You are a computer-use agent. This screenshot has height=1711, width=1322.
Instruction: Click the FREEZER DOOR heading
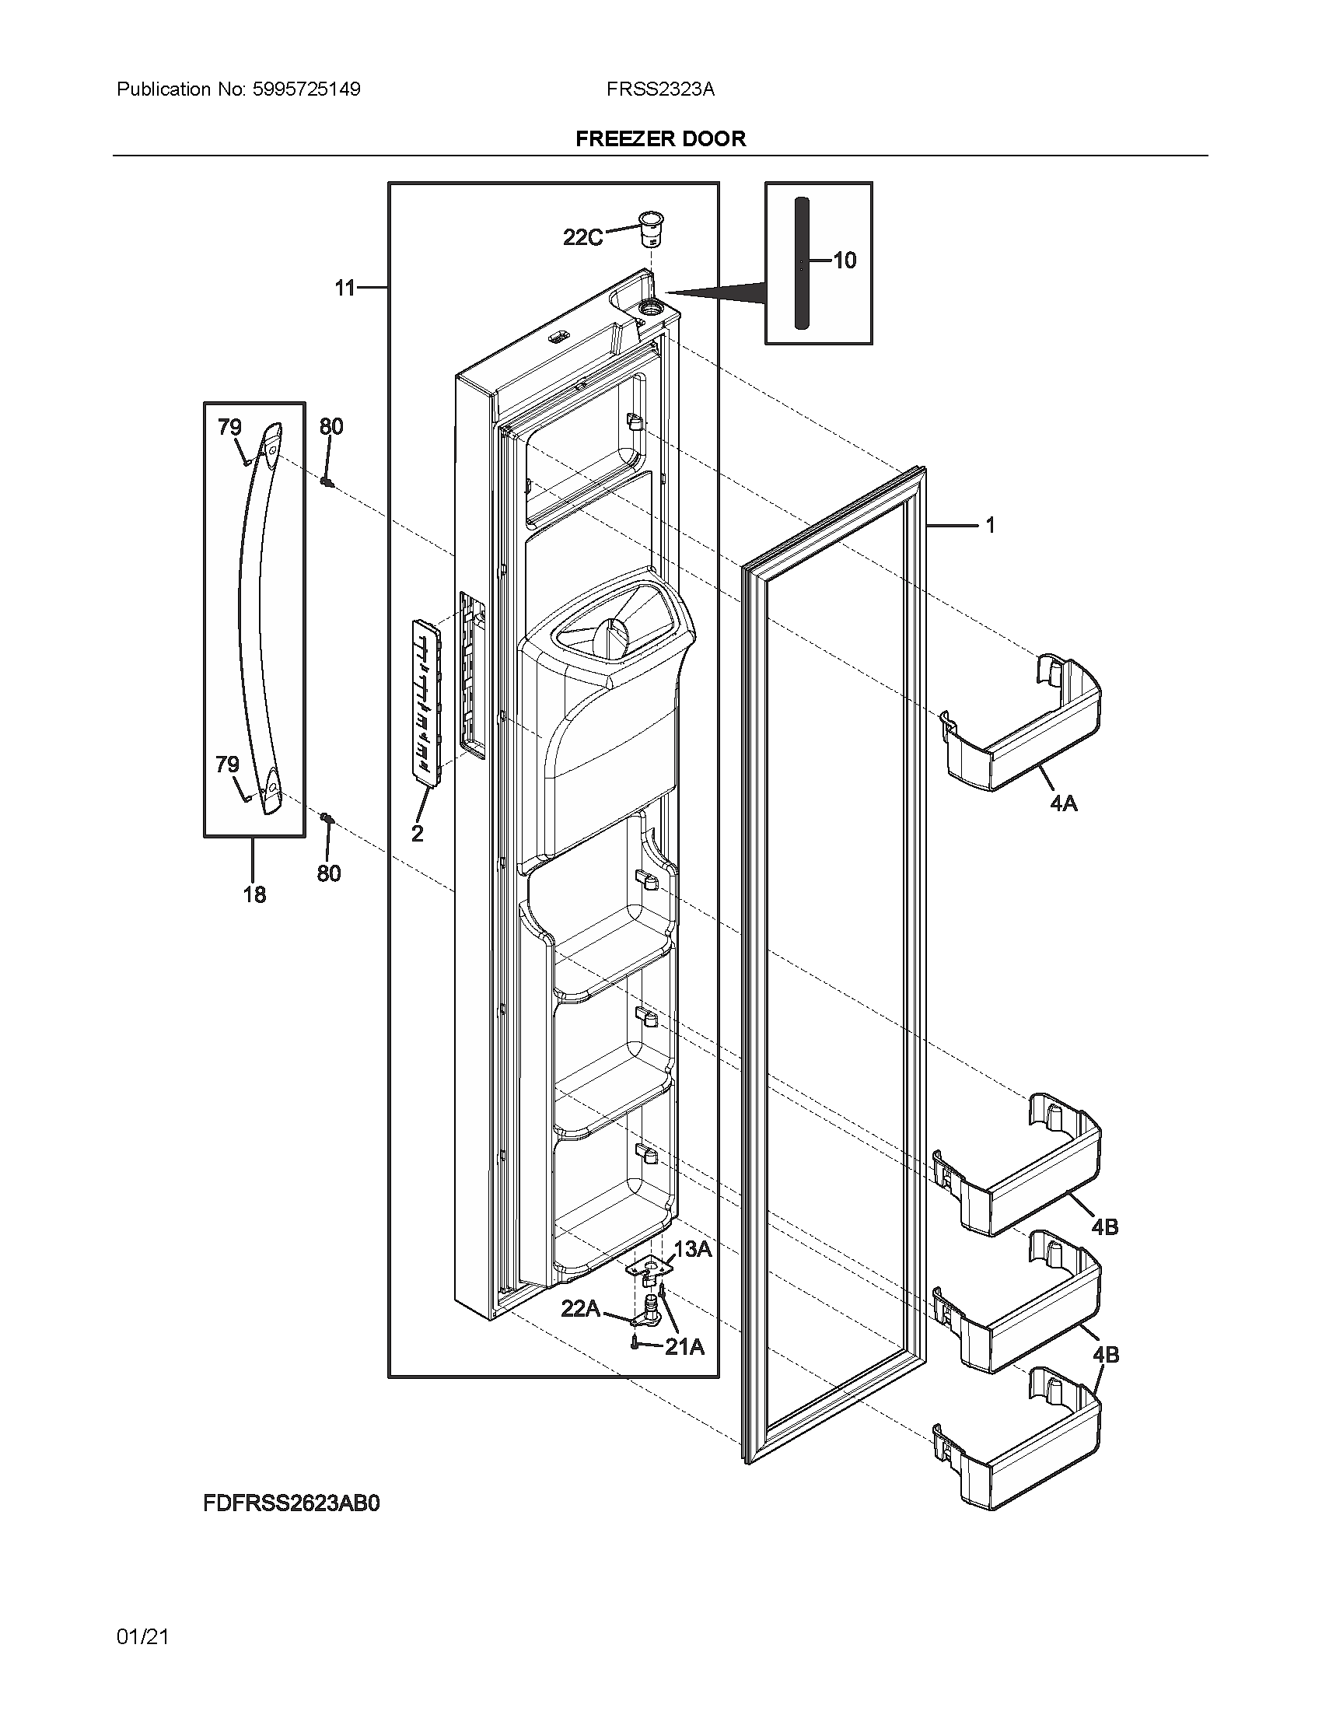pyautogui.click(x=660, y=138)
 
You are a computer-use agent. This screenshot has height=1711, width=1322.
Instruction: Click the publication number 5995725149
pyautogui.click(x=306, y=89)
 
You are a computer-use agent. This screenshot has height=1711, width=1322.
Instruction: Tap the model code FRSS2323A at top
pyautogui.click(x=659, y=89)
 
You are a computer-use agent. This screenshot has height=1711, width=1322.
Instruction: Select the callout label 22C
pyautogui.click(x=582, y=236)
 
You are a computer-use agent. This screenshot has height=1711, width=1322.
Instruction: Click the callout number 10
pyautogui.click(x=845, y=260)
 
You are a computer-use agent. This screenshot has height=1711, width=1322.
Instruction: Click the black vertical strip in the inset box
pyautogui.click(x=800, y=263)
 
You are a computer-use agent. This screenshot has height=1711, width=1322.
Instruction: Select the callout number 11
pyautogui.click(x=345, y=289)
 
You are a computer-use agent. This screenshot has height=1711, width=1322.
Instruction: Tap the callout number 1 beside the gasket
pyautogui.click(x=989, y=525)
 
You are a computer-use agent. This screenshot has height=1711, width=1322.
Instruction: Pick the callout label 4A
pyautogui.click(x=1064, y=803)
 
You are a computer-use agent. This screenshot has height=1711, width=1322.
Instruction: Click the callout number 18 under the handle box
pyautogui.click(x=254, y=894)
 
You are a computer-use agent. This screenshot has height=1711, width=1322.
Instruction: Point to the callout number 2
pyautogui.click(x=417, y=834)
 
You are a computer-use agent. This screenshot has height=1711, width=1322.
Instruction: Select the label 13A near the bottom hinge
pyautogui.click(x=692, y=1250)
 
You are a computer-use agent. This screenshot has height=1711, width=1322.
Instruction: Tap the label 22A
pyautogui.click(x=580, y=1308)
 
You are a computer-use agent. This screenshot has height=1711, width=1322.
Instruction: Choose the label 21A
pyautogui.click(x=684, y=1347)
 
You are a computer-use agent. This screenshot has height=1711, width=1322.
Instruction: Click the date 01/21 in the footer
pyautogui.click(x=142, y=1636)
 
